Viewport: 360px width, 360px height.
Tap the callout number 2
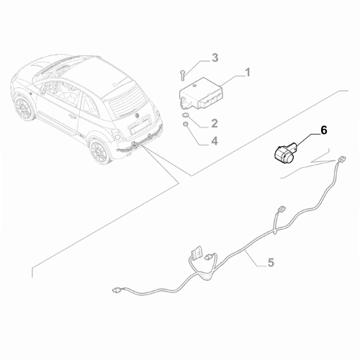[x=213, y=104]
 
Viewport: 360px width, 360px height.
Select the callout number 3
[x=214, y=57]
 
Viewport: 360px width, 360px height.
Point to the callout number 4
[x=214, y=141]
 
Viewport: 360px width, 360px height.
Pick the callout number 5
[x=271, y=264]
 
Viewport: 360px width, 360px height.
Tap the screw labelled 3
[x=184, y=73]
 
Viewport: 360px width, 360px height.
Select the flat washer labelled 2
[x=186, y=114]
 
